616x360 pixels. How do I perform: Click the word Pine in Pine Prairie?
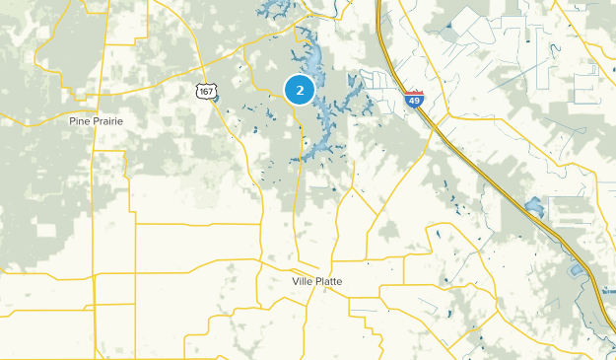[x=81, y=120]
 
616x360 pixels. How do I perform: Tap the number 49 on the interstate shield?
[x=414, y=100]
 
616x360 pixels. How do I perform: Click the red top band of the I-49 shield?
[x=414, y=92]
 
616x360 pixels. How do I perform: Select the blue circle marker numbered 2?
[x=300, y=90]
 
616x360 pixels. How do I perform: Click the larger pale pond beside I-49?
[x=534, y=207]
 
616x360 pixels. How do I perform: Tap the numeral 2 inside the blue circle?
[x=300, y=90]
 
